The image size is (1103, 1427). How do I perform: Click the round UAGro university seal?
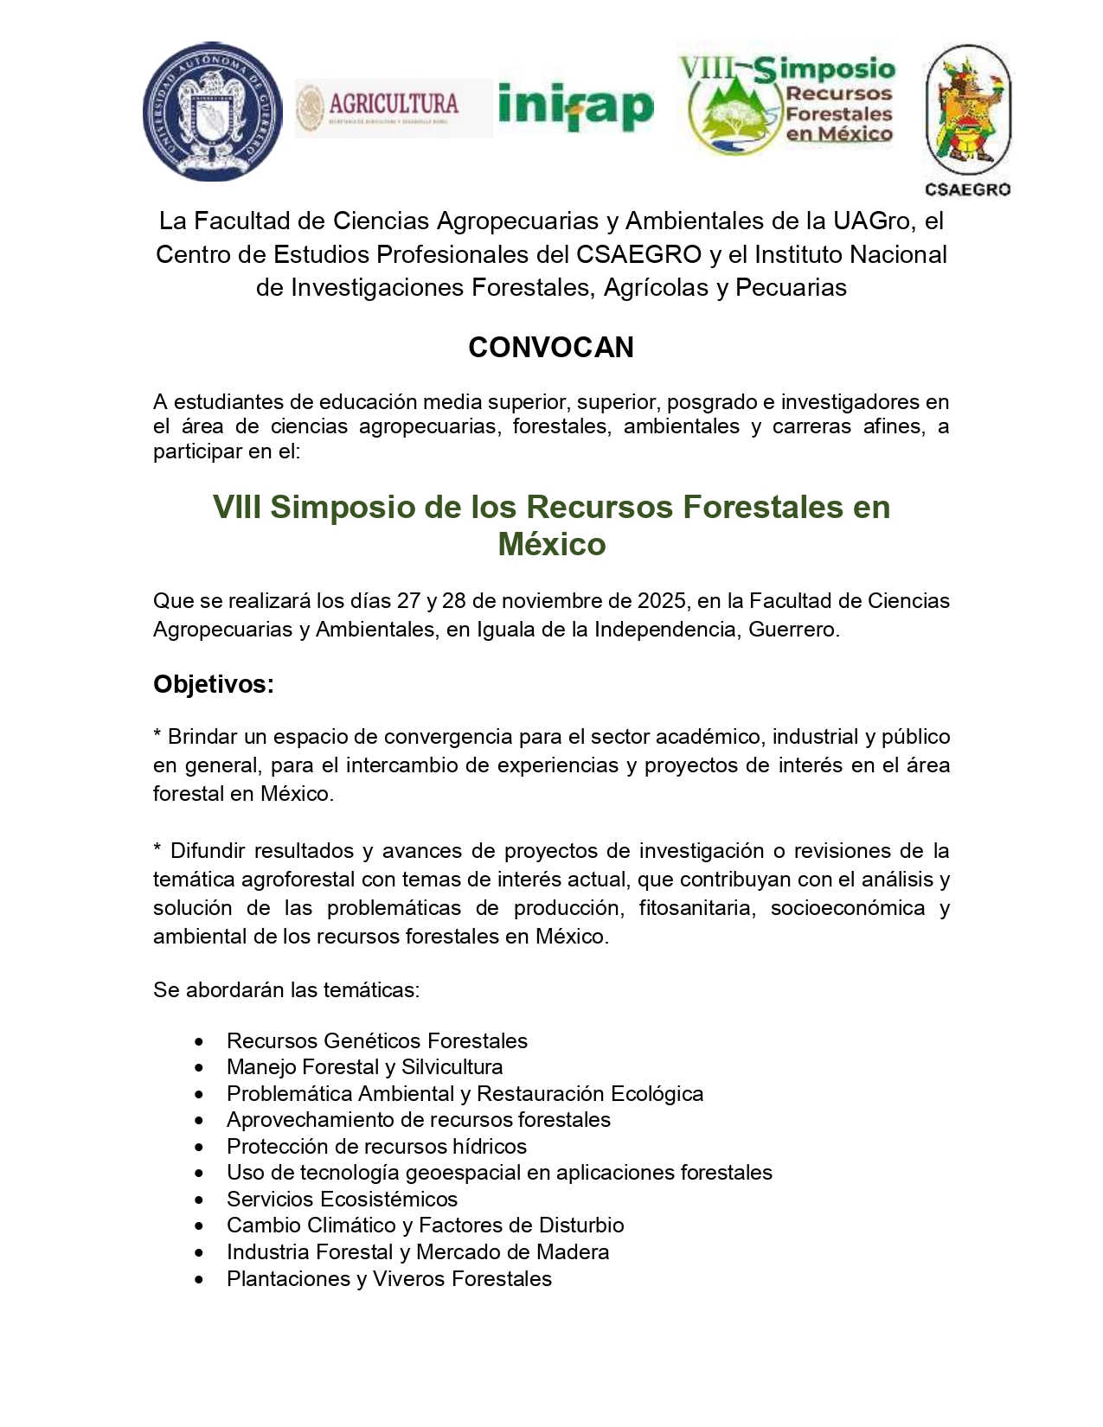212,112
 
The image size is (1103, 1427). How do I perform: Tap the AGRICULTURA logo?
393,107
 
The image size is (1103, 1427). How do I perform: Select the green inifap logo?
576,107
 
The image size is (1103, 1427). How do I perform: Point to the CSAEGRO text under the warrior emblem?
967,190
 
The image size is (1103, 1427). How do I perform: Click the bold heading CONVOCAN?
551,348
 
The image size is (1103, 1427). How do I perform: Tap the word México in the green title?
552,544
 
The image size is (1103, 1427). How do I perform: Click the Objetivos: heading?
214,684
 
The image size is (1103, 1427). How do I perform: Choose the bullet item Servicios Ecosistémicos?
342,1200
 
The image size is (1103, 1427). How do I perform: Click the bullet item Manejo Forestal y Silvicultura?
364,1067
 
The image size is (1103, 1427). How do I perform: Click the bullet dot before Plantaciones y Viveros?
200,1279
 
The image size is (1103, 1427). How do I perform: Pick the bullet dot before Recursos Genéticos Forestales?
200,1041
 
